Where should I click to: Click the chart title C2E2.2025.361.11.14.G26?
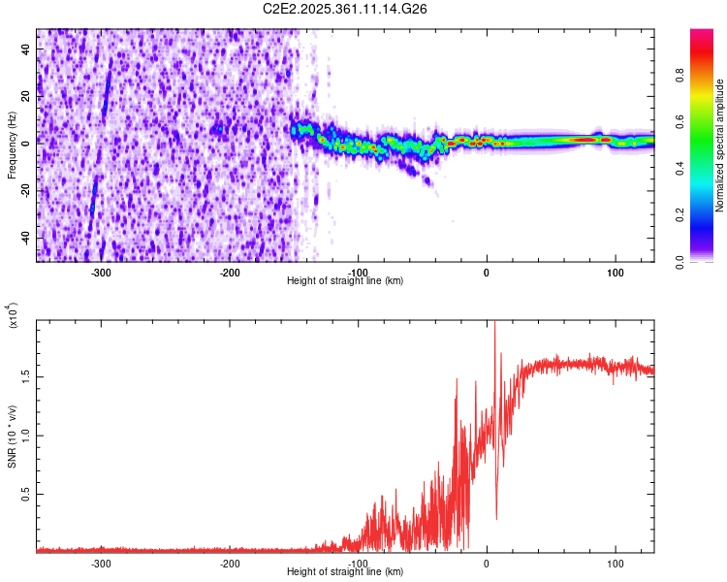click(345, 9)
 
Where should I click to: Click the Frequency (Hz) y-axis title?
click(12, 145)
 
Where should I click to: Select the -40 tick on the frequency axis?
click(23, 238)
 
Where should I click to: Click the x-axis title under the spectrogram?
click(345, 280)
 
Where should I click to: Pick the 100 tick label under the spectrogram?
click(615, 272)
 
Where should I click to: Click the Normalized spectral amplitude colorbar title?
click(720, 145)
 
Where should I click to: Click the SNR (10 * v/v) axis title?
click(12, 436)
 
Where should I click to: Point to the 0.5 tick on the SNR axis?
click(25, 494)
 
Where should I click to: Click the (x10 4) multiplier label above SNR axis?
click(13, 316)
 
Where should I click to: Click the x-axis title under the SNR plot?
click(345, 571)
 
